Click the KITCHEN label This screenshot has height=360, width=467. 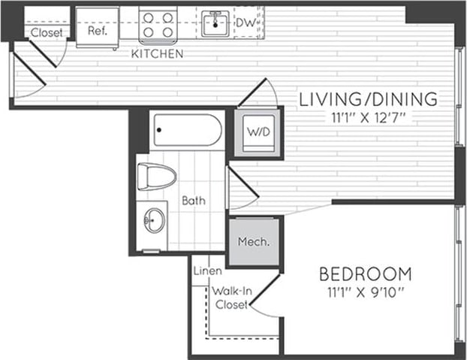pyautogui.click(x=157, y=54)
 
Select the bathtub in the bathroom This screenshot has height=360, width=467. pyautogui.click(x=188, y=131)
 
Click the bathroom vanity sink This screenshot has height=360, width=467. pyautogui.click(x=155, y=220)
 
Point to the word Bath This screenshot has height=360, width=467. pyautogui.click(x=193, y=201)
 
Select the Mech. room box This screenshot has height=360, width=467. pyautogui.click(x=254, y=242)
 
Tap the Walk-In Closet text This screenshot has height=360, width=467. pyautogui.click(x=231, y=297)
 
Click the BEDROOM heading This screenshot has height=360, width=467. pyautogui.click(x=365, y=273)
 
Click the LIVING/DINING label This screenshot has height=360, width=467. pyautogui.click(x=368, y=98)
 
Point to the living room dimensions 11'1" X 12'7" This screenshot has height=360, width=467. pyautogui.click(x=368, y=117)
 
